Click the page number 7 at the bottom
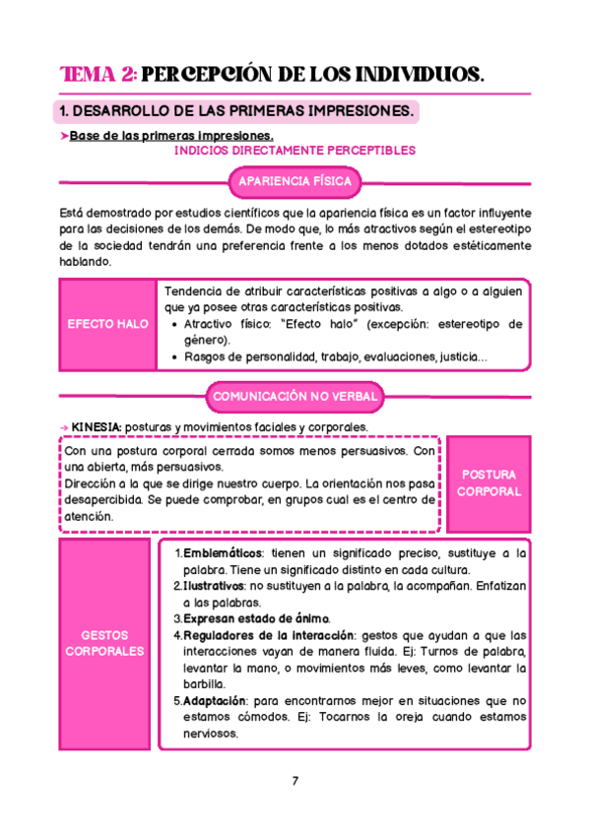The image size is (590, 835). click(295, 782)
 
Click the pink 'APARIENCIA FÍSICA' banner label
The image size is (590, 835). click(295, 182)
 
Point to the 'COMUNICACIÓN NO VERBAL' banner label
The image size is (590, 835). click(294, 396)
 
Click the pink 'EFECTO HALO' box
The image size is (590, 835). click(108, 324)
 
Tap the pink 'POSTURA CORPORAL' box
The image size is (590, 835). click(489, 482)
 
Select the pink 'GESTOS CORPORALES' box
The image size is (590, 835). click(104, 643)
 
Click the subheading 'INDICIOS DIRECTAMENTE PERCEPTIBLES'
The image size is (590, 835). click(295, 151)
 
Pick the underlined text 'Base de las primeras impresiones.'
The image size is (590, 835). click(171, 136)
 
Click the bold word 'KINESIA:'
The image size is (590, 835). click(97, 426)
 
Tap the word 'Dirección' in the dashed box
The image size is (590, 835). click(94, 483)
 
